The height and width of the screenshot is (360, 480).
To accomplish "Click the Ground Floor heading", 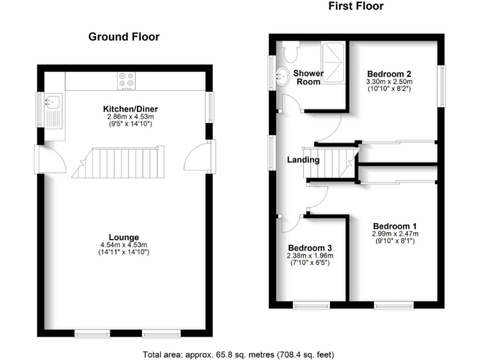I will tap(124, 37).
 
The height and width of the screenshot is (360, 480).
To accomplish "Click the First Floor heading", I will tap(356, 6).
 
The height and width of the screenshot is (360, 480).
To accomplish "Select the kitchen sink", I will tap(52, 101).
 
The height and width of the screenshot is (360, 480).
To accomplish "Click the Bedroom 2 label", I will tap(389, 72).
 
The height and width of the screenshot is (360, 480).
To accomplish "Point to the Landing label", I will tap(303, 160).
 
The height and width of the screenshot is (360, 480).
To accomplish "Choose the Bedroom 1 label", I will tap(394, 226).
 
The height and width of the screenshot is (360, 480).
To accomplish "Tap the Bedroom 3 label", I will tap(310, 247).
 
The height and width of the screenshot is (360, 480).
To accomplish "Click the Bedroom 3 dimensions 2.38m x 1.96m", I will tap(310, 256).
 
